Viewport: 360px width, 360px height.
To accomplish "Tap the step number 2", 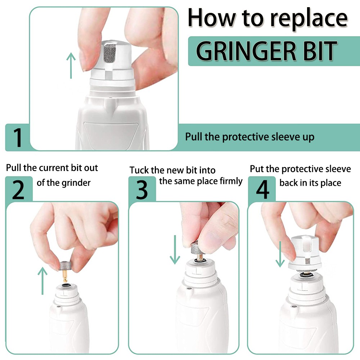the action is [x=18, y=190].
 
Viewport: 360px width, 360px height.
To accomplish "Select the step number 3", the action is [x=141, y=190].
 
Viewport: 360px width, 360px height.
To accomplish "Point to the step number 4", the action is [x=262, y=190].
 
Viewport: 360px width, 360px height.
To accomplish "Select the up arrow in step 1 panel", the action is [x=71, y=66].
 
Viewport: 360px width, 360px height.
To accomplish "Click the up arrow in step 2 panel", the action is [x=42, y=280].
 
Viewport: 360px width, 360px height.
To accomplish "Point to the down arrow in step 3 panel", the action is [x=175, y=250].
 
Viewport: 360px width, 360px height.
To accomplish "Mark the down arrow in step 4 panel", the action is [x=280, y=255].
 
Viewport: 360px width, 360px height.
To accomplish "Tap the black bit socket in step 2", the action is [x=66, y=285].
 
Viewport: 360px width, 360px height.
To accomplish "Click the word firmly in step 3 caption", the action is [x=231, y=181].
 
